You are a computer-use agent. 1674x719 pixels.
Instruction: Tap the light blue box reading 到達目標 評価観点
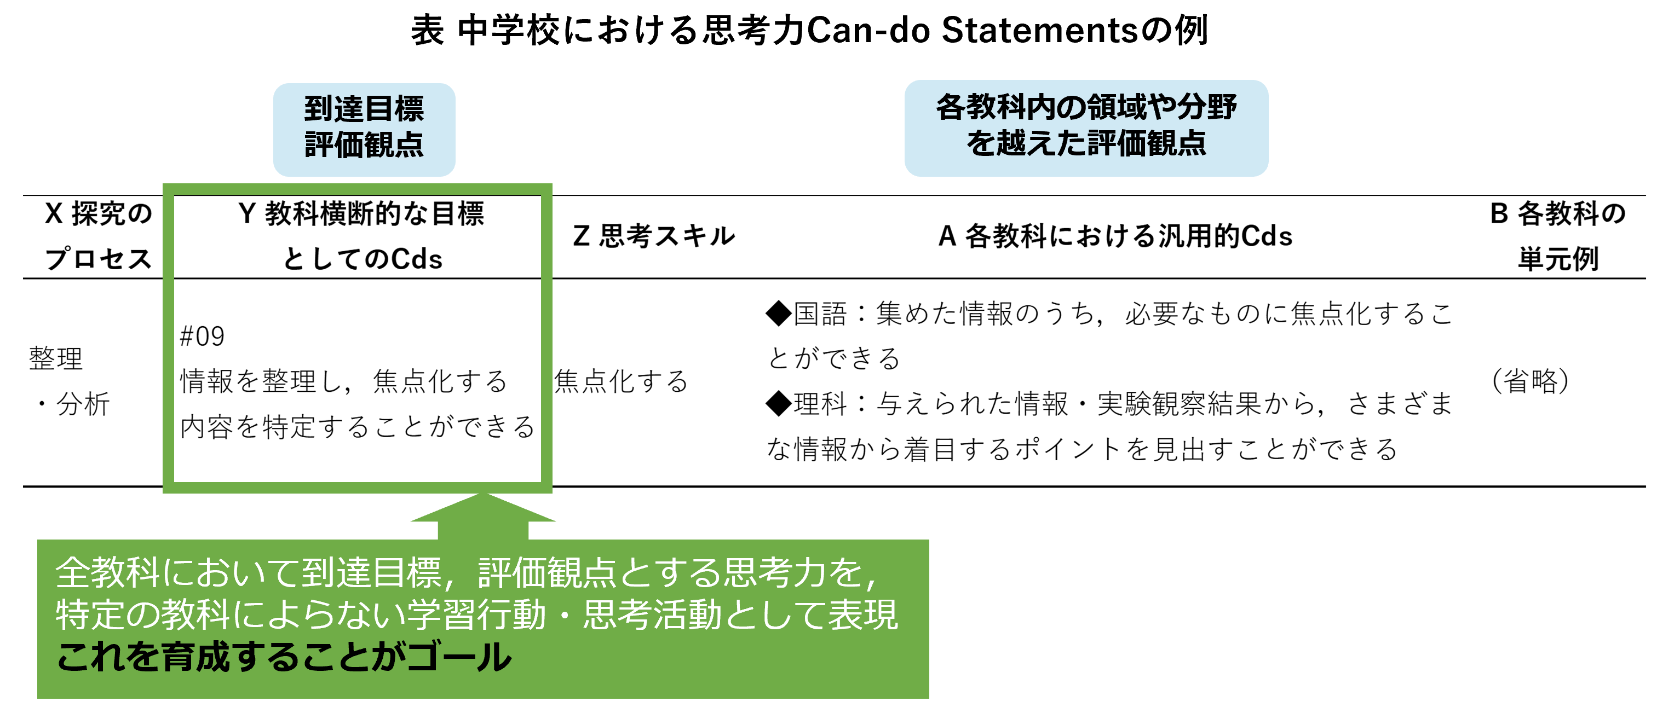click(x=364, y=128)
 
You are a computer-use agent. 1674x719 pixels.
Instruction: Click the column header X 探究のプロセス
click(x=97, y=236)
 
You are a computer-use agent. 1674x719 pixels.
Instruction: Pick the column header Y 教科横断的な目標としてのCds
click(x=361, y=236)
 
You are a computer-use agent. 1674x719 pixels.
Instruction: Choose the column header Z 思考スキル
click(x=653, y=236)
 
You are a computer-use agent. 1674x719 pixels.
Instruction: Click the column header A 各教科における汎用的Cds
click(x=1114, y=236)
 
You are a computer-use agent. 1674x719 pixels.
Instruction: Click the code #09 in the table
click(x=202, y=337)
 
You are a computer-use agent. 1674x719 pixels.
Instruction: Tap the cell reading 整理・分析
click(x=69, y=381)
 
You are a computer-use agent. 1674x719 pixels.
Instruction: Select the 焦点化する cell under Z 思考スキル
click(x=620, y=381)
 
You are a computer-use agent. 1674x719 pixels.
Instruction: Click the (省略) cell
click(x=1531, y=381)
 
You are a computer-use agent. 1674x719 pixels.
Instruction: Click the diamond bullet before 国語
click(x=778, y=314)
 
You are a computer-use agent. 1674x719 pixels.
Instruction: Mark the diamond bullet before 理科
click(x=778, y=404)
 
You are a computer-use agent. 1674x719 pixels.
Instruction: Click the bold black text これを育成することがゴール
click(x=284, y=657)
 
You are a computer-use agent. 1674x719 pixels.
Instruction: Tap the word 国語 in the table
click(x=820, y=314)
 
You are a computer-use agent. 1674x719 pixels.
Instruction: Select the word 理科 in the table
click(x=820, y=404)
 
